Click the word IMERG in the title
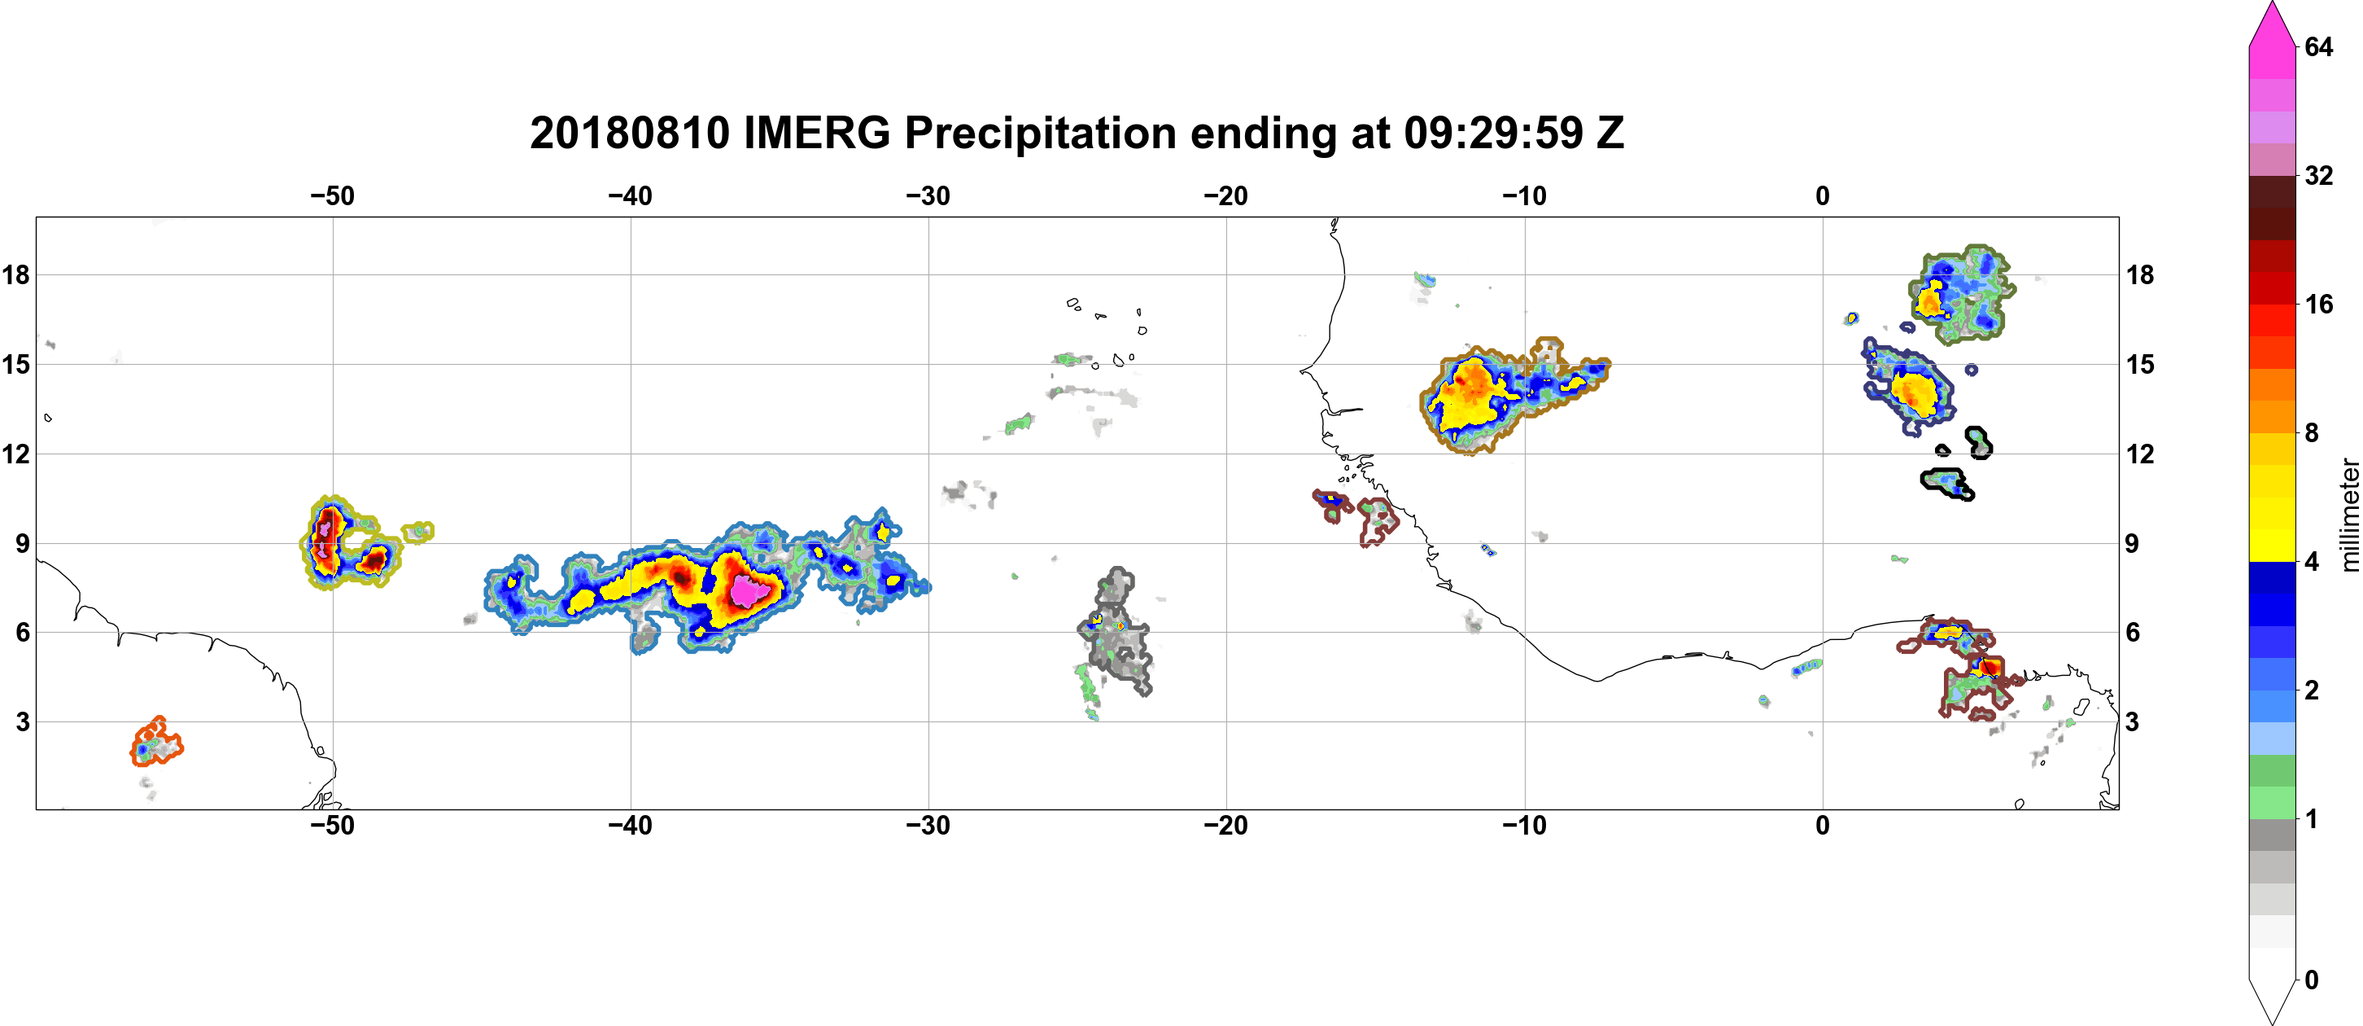(816, 133)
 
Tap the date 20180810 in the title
(629, 133)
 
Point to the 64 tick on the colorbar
(2319, 46)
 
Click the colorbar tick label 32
(2319, 175)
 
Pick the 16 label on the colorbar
(2319, 304)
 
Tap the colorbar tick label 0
(2312, 980)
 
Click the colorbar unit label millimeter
(2349, 515)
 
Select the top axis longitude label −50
(332, 195)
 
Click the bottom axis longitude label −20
(1226, 825)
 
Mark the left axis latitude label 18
(15, 274)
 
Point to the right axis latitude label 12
(2140, 454)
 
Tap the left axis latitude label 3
(22, 721)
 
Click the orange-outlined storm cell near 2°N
(156, 743)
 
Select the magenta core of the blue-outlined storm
(749, 591)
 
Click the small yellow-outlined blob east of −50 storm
(418, 532)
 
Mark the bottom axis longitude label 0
(1823, 825)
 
